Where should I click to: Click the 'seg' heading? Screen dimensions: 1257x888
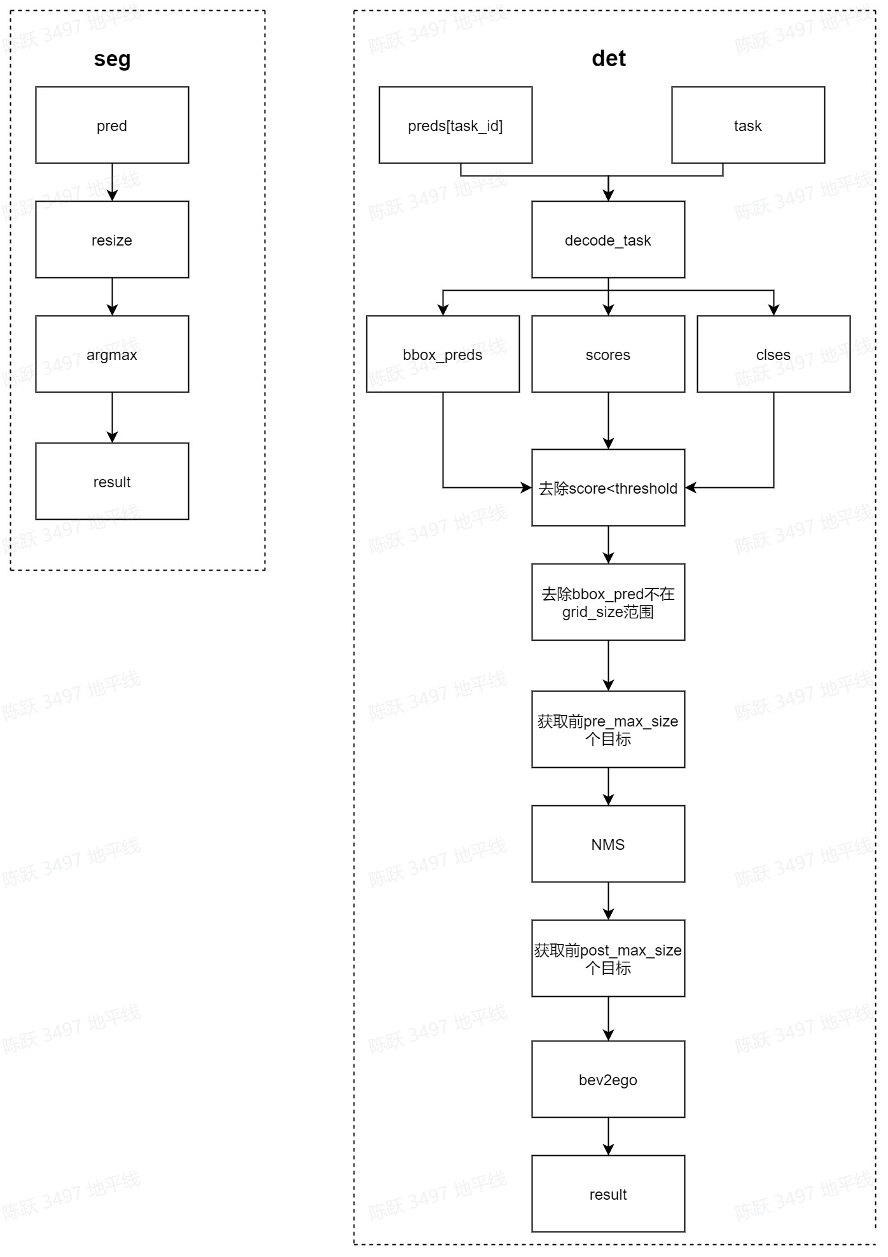pyautogui.click(x=112, y=59)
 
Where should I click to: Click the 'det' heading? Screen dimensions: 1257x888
pyautogui.click(x=608, y=59)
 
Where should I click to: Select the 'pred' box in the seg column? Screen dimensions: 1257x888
pyautogui.click(x=112, y=125)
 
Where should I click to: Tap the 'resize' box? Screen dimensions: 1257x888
pyautogui.click(x=112, y=240)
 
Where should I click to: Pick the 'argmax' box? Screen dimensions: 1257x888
pyautogui.click(x=112, y=354)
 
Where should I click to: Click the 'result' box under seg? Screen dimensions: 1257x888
pyautogui.click(x=112, y=482)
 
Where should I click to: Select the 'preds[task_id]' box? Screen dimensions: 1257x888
pyautogui.click(x=455, y=125)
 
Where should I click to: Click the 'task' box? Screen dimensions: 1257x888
pyautogui.click(x=748, y=125)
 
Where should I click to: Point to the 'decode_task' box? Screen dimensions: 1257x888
pyautogui.click(x=608, y=240)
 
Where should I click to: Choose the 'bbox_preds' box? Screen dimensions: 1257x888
pyautogui.click(x=443, y=354)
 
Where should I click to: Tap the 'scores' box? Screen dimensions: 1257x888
pyautogui.click(x=608, y=354)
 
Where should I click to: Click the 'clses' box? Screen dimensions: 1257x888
pyautogui.click(x=774, y=354)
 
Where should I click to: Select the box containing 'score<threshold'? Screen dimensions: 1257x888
pyautogui.click(x=608, y=488)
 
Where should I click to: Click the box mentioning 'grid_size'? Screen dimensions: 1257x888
pyautogui.click(x=608, y=602)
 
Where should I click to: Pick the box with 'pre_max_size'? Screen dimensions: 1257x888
pyautogui.click(x=608, y=730)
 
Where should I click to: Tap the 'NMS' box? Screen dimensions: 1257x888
pyautogui.click(x=608, y=844)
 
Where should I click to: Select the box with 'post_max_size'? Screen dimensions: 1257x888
pyautogui.click(x=608, y=959)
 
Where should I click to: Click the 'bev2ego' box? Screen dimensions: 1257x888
pyautogui.click(x=608, y=1080)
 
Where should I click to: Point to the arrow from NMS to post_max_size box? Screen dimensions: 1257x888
pyautogui.click(x=608, y=901)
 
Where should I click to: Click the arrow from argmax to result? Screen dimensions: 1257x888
pyautogui.click(x=112, y=417)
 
